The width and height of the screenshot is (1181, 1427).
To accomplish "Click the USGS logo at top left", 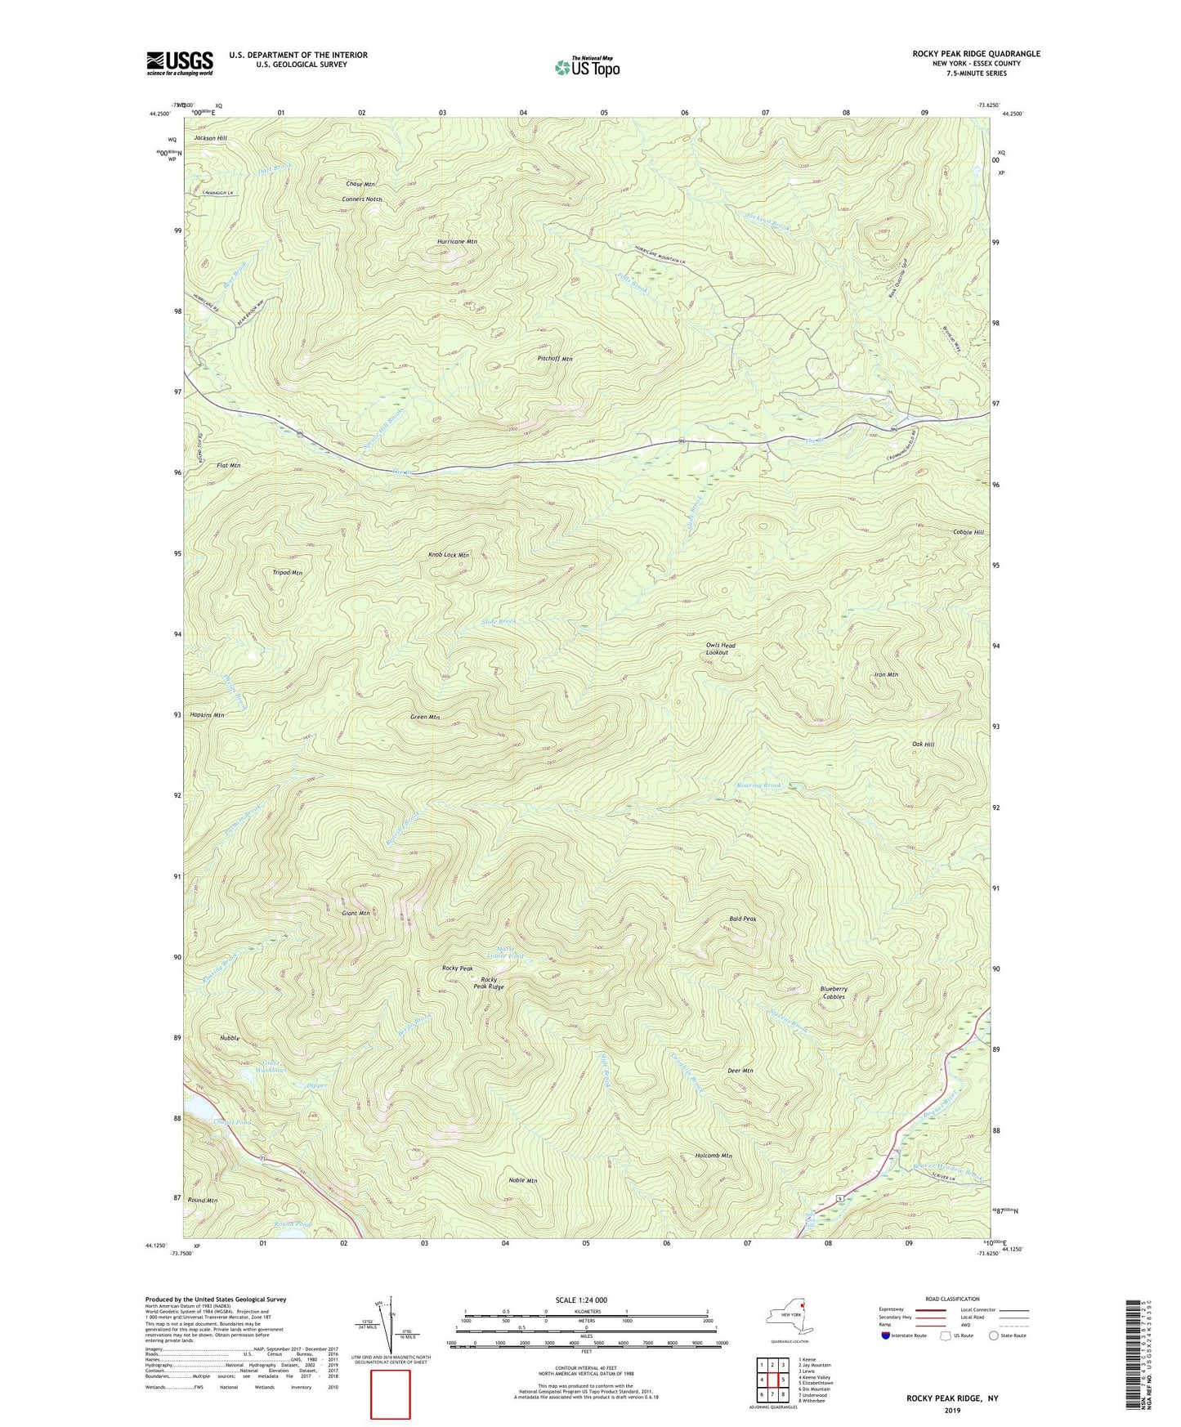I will pyautogui.click(x=180, y=62).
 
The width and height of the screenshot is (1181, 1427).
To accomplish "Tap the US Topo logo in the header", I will pyautogui.click(x=587, y=67).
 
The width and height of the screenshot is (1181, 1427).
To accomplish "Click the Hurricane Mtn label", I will pyautogui.click(x=457, y=242).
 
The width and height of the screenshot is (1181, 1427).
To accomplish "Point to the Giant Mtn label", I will pyautogui.click(x=356, y=913).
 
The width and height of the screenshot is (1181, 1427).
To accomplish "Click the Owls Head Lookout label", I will pyautogui.click(x=720, y=648).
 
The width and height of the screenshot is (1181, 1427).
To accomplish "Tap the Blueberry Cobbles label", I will pyautogui.click(x=834, y=992).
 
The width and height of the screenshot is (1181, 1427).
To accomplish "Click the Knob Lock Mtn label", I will pyautogui.click(x=449, y=555).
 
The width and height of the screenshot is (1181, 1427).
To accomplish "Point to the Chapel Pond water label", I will pyautogui.click(x=231, y=1122).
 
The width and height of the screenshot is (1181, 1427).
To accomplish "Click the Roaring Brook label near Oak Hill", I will pyautogui.click(x=759, y=785).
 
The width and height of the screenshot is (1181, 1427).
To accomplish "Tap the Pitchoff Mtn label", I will pyautogui.click(x=555, y=359).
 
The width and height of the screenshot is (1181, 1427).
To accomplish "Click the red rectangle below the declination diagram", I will pyautogui.click(x=390, y=1394).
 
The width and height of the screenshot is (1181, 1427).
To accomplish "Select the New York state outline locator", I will pyautogui.click(x=789, y=1316).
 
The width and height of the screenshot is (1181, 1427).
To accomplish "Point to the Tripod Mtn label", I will pyautogui.click(x=287, y=573).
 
